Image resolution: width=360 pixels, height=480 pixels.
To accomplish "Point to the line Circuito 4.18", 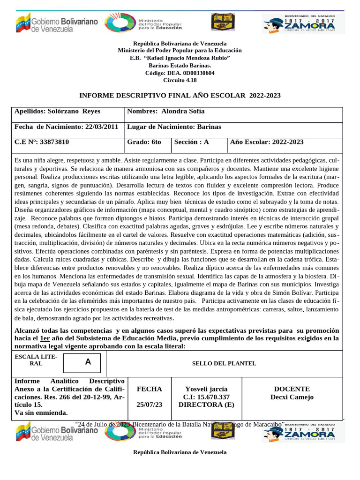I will (x=180, y=80).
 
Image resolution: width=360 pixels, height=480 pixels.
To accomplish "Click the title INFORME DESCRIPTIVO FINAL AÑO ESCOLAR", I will (x=180, y=95).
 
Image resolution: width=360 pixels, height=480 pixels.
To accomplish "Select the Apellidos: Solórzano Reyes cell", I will (x=58, y=112).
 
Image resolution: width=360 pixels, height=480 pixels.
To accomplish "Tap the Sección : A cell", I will (x=192, y=142).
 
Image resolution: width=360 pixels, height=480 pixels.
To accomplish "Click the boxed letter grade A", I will (x=88, y=362).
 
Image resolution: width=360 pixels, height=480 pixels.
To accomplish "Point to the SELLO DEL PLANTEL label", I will (x=224, y=363).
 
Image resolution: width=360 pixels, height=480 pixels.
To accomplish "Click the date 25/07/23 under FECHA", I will (x=149, y=404).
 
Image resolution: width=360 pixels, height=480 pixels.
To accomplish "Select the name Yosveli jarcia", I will (x=207, y=389).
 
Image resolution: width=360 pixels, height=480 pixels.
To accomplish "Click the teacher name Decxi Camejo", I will (x=292, y=397).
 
